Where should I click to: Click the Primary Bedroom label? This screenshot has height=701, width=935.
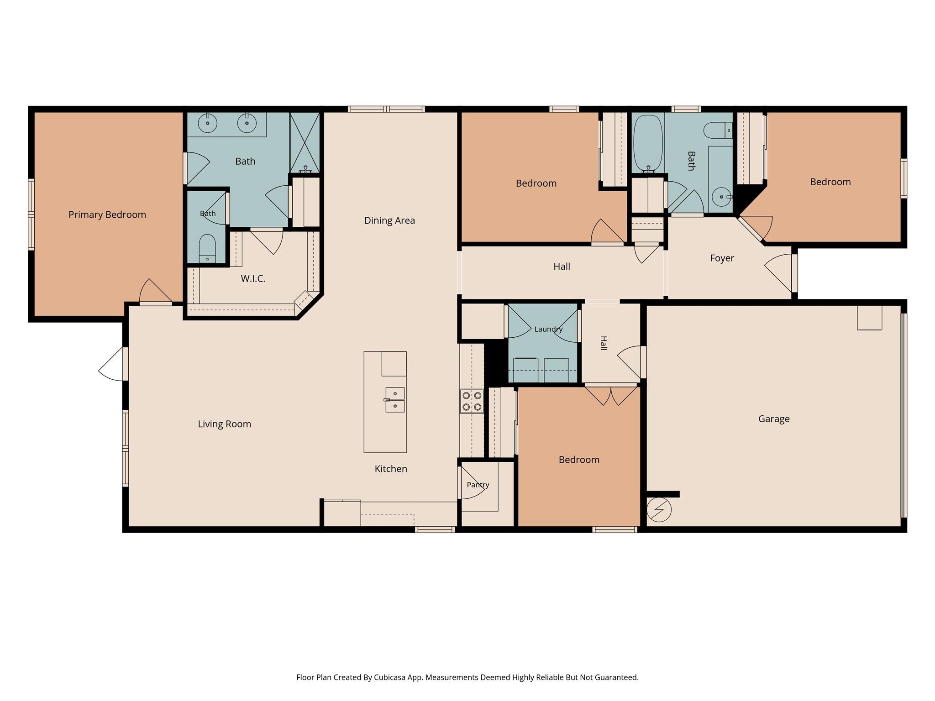pos(107,214)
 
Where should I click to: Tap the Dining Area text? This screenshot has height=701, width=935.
pos(389,220)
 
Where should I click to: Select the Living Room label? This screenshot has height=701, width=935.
pos(224,424)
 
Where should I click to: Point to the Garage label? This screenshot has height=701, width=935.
pos(774,419)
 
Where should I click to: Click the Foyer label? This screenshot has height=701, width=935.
pos(722,258)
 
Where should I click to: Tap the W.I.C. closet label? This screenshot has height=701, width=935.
pos(253,278)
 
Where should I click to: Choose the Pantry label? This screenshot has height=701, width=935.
pos(478,485)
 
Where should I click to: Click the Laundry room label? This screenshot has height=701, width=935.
pos(548,329)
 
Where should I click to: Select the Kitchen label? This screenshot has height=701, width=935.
pos(391,469)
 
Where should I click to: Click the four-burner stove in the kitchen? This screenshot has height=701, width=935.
pos(472,401)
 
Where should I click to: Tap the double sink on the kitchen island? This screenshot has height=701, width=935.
pos(395,400)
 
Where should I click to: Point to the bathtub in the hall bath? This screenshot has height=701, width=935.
pos(648,143)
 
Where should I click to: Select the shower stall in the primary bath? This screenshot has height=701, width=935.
pos(305,143)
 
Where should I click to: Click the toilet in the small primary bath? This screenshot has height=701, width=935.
pos(207,249)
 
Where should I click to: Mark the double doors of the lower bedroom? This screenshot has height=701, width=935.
pos(611,396)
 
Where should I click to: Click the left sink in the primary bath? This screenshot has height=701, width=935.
pos(208,123)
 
